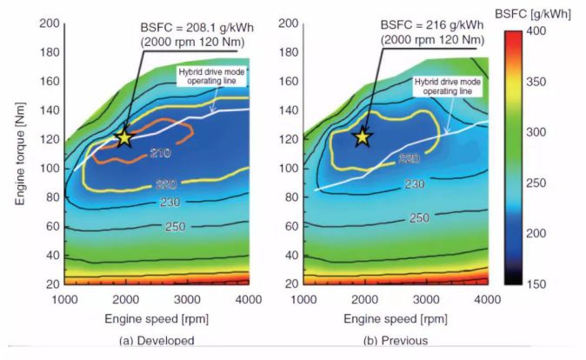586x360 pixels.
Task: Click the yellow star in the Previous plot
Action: coord(362,137)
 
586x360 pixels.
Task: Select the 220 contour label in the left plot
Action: coord(165,183)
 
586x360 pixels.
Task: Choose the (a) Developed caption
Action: coord(156,341)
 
